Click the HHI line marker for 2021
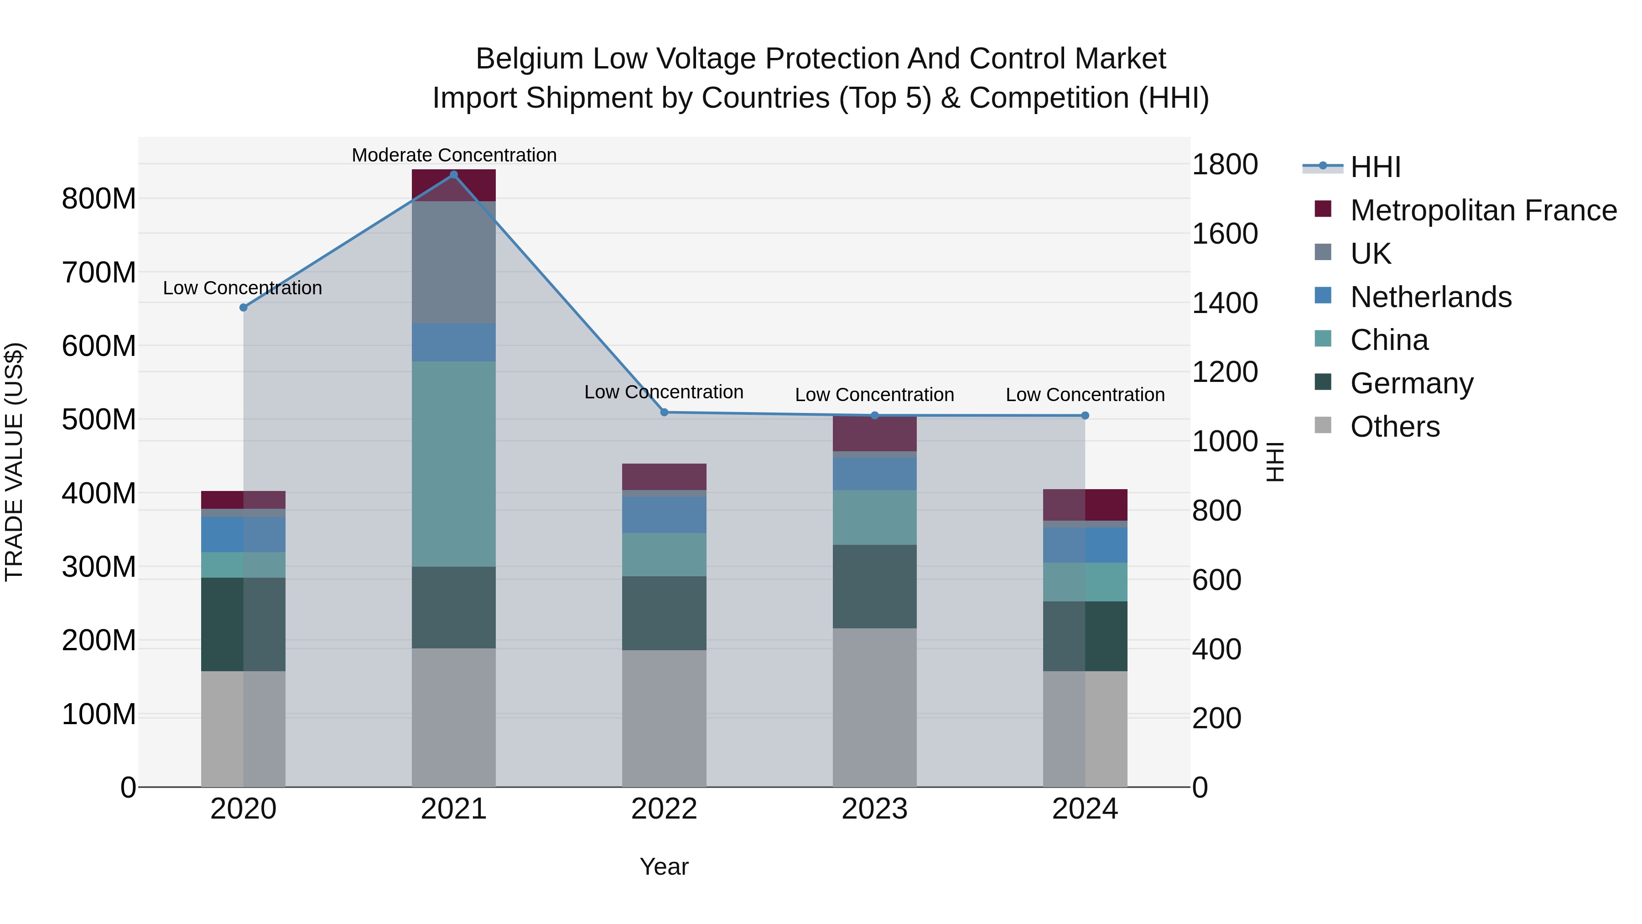coord(454,175)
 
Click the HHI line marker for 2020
coord(243,308)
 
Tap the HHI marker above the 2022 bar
coord(664,412)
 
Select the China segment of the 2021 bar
coord(454,464)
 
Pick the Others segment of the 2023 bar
coord(874,707)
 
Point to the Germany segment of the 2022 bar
coord(664,613)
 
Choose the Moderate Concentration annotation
coord(454,155)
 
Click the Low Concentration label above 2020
coord(242,288)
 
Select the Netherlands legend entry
coord(1430,297)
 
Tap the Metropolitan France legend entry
coord(1483,210)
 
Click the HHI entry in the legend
coord(1375,167)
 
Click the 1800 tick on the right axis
coord(1225,165)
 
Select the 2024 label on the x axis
coord(1085,809)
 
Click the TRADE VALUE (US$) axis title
coord(14,462)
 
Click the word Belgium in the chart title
coord(529,59)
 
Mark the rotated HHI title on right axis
coord(1274,462)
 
